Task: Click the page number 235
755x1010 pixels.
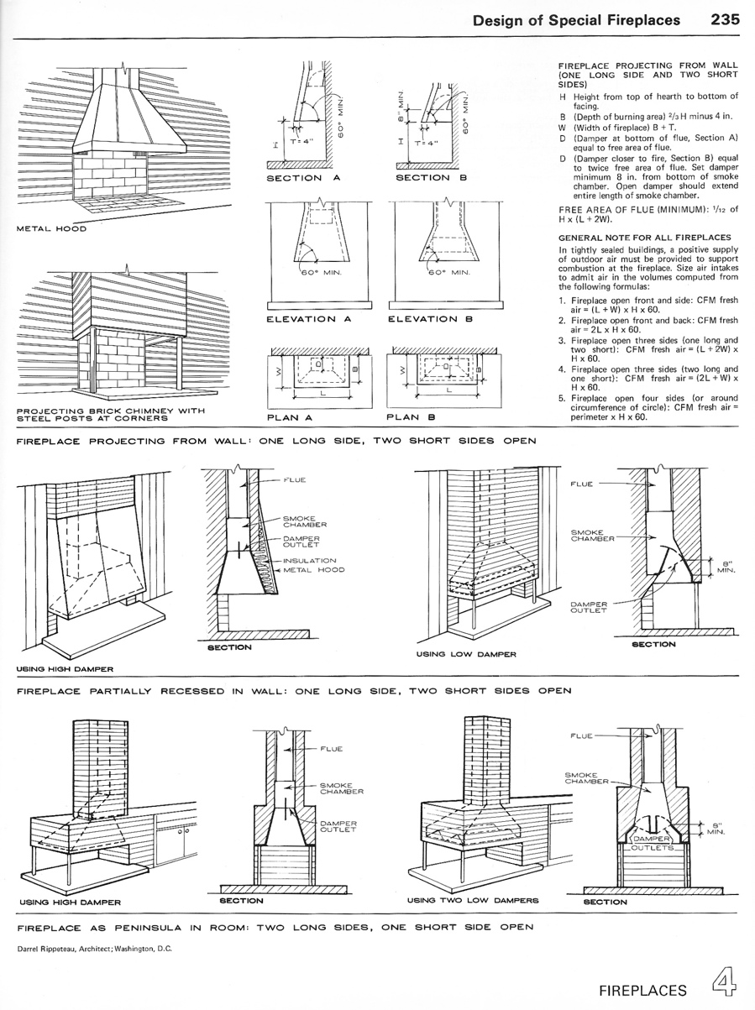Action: (724, 19)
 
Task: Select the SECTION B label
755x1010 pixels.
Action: (423, 178)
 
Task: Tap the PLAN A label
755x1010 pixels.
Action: (290, 416)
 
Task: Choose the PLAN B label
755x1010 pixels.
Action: (410, 416)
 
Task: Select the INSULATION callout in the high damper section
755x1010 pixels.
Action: (310, 561)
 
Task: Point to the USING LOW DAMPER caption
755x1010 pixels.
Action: (466, 654)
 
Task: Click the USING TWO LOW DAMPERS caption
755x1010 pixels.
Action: (472, 901)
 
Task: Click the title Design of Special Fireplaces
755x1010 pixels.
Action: (576, 19)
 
